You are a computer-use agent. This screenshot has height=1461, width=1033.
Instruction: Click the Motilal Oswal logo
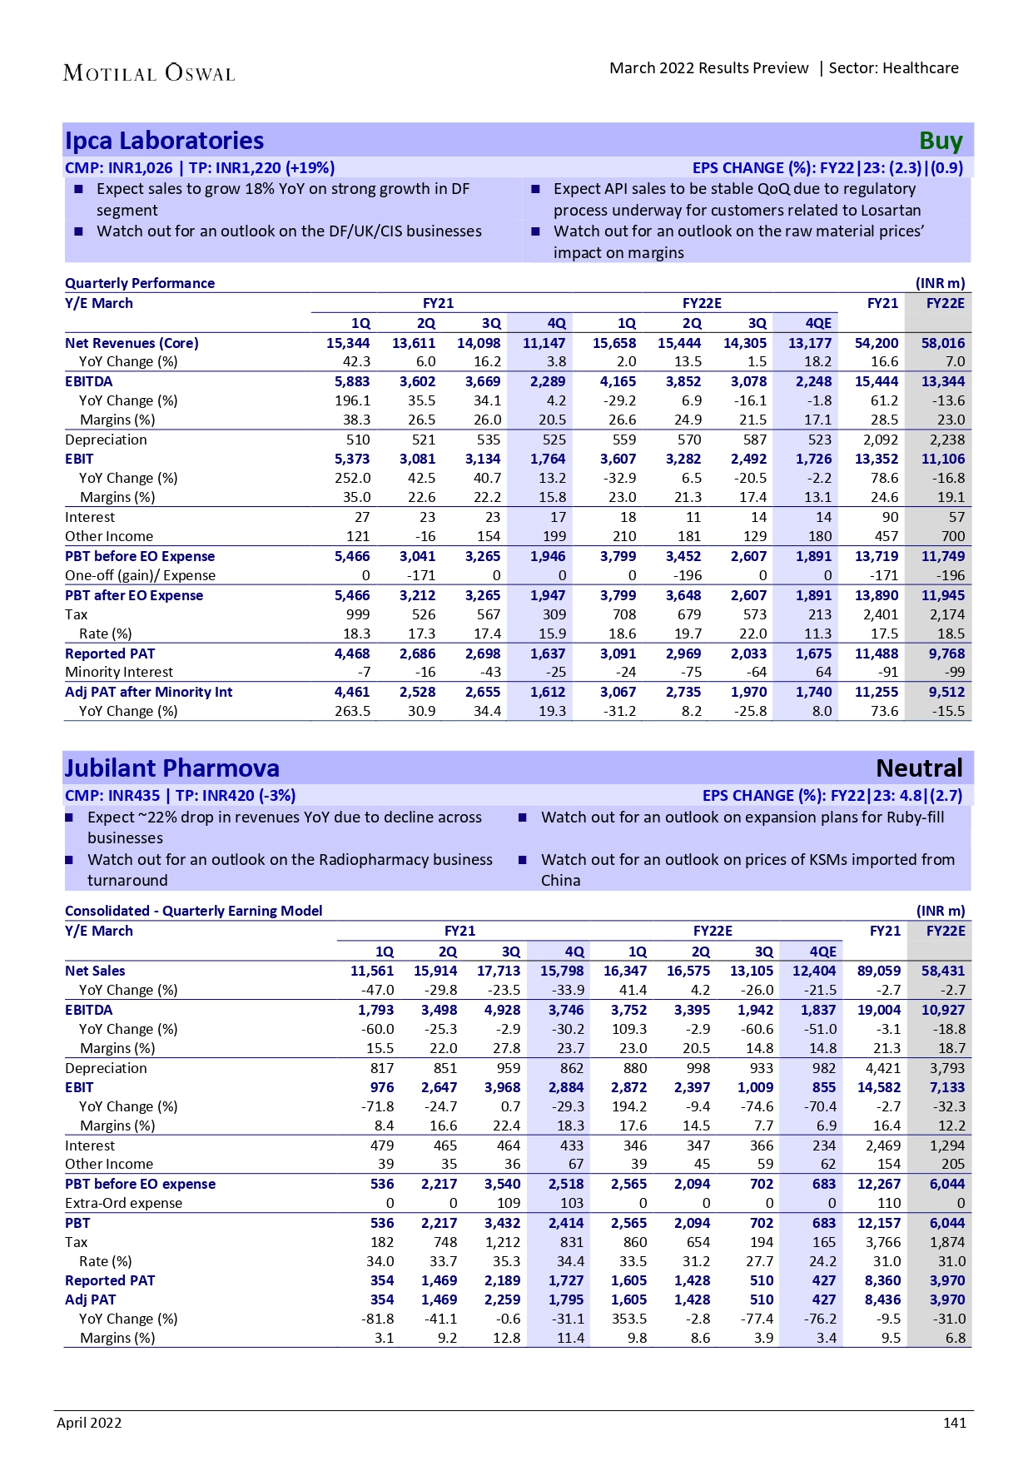coord(149,73)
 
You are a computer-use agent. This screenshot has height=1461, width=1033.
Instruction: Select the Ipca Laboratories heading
coord(164,141)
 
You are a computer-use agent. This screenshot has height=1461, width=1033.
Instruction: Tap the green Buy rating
coord(941,142)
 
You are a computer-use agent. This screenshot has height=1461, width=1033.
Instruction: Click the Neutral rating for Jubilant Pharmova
coord(919,768)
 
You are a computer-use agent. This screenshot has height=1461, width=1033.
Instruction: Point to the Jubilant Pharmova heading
coord(172,768)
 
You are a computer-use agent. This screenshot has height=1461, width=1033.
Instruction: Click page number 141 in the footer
coord(955,1423)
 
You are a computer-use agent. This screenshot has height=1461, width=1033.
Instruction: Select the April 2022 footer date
coord(89,1423)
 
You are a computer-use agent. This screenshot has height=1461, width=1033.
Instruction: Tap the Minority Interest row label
coord(119,672)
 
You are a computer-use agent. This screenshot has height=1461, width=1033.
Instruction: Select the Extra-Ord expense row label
coord(123,1203)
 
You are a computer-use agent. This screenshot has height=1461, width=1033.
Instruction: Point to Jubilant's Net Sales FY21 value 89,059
coord(878,971)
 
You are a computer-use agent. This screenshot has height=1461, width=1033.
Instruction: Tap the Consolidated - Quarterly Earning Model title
coord(193,911)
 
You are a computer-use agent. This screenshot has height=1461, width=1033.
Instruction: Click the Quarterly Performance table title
coord(140,283)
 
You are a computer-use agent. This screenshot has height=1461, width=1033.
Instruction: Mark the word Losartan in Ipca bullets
coord(890,211)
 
